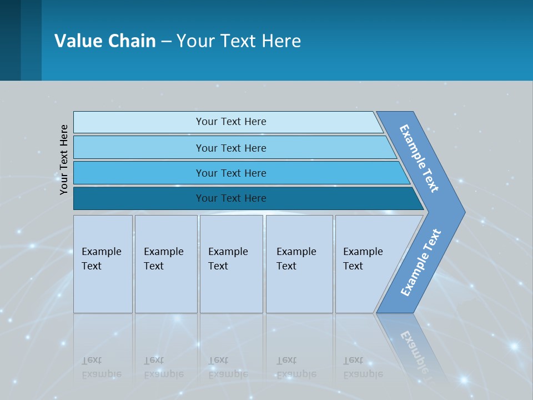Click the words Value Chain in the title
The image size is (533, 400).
(x=105, y=41)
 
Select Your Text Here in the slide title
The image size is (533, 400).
(x=239, y=41)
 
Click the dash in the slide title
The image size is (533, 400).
(x=166, y=41)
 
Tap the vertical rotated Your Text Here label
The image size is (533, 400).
(x=64, y=159)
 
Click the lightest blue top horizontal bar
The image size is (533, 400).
(x=230, y=122)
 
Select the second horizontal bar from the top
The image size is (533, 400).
(x=230, y=148)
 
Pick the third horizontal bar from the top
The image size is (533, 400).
(x=230, y=173)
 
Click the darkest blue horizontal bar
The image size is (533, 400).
(x=230, y=198)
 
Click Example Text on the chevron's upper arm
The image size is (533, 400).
(x=419, y=158)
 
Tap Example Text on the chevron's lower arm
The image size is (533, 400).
(x=420, y=263)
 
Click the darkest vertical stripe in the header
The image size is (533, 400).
(x=10, y=40)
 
